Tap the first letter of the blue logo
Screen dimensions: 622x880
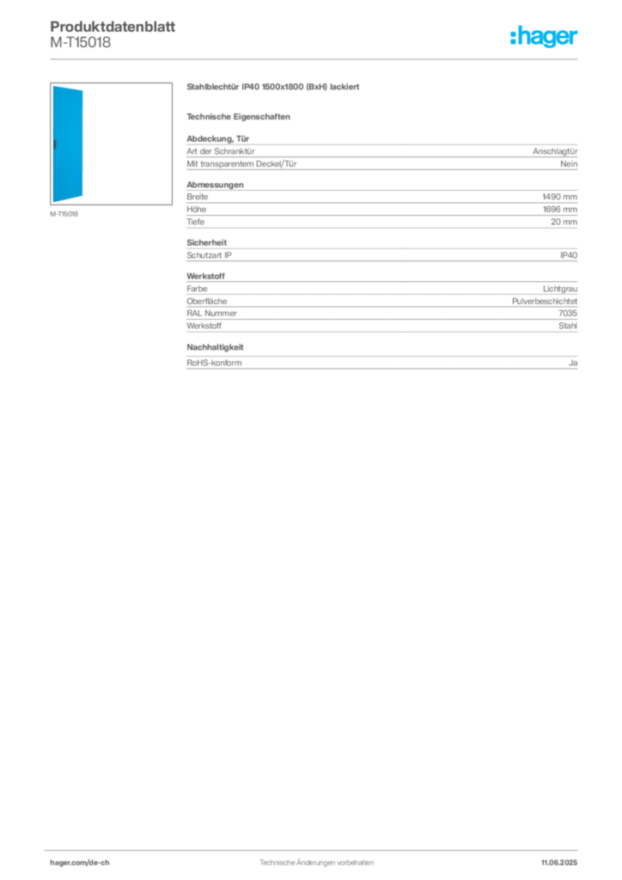(513, 38)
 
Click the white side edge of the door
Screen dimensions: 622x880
(80, 146)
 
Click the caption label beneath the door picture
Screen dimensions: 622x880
(65, 214)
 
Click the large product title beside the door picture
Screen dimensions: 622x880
(275, 89)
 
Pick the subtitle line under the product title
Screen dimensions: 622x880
(241, 116)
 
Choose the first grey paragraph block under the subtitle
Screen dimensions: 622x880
(381, 156)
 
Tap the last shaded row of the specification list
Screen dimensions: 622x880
(381, 361)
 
